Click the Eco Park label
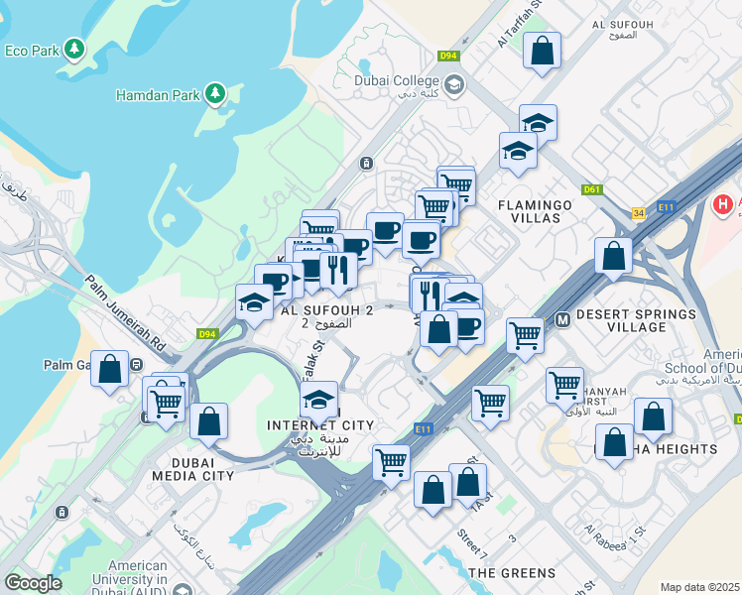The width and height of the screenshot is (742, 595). coord(30,51)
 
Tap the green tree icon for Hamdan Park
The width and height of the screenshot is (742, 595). coord(214,95)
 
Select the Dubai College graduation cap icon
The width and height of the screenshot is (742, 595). coord(454,83)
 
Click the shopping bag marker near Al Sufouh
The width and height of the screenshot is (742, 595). coord(543,52)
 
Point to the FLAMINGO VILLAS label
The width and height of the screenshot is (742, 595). coord(536,212)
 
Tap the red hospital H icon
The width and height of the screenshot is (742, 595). coord(724,204)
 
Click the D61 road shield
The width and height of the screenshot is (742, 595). coord(593,188)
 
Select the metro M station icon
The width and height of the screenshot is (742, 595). coord(562,319)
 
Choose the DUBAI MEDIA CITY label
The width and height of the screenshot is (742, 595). coord(193,468)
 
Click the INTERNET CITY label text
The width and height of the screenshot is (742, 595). coord(321,425)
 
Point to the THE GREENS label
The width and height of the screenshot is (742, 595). coord(512,573)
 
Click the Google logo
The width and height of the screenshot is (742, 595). coord(33,582)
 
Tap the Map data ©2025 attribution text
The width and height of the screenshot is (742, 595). coord(699,587)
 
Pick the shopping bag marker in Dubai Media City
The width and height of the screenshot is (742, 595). coord(208,420)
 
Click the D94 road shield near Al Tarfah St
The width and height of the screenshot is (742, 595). coord(448,56)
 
